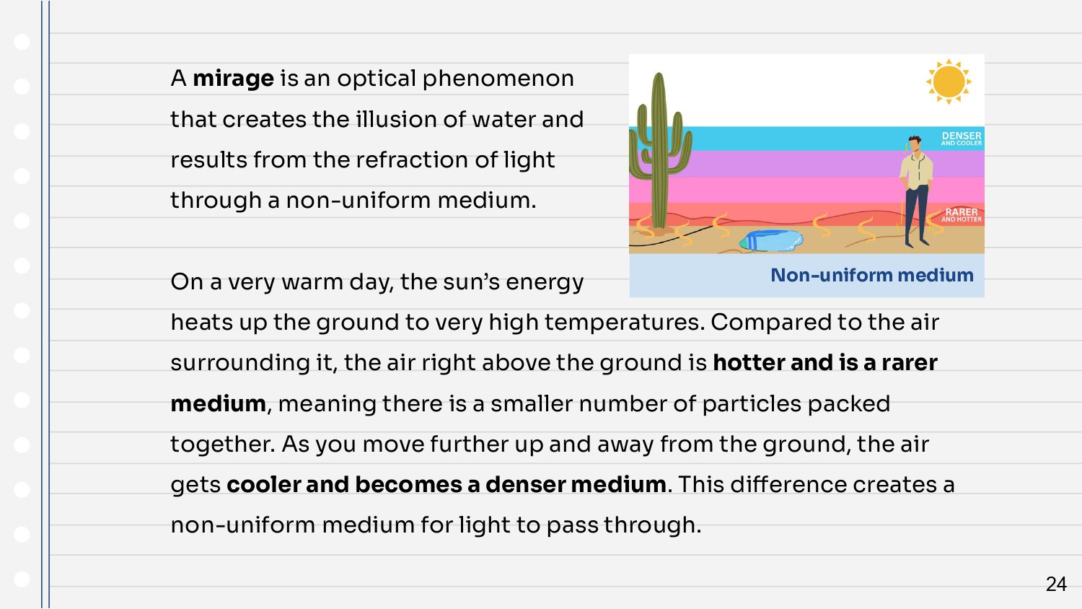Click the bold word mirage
(x=233, y=79)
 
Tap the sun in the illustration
(x=949, y=82)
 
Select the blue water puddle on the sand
(x=771, y=240)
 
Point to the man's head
(x=914, y=144)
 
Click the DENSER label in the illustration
(x=962, y=136)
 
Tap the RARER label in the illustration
(x=962, y=212)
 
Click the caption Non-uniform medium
(x=872, y=275)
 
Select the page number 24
(x=1056, y=584)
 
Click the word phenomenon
(x=498, y=79)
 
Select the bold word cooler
(x=263, y=485)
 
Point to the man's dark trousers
(x=916, y=213)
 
